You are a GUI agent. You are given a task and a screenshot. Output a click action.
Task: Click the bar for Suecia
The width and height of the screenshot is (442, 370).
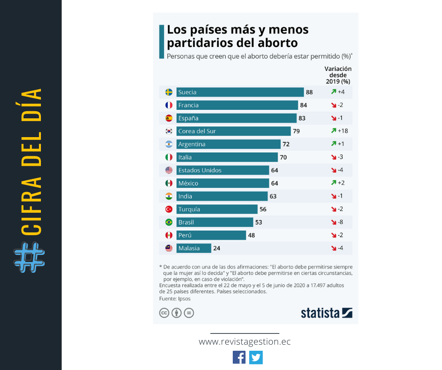click(240, 92)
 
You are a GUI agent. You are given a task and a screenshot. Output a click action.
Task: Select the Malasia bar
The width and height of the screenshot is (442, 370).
click(194, 248)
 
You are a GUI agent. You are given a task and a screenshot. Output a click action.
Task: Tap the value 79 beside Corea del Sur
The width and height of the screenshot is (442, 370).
click(296, 131)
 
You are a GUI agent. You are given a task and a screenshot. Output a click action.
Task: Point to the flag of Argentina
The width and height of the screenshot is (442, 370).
click(169, 144)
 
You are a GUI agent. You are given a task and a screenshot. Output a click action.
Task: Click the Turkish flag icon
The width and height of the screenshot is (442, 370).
click(169, 209)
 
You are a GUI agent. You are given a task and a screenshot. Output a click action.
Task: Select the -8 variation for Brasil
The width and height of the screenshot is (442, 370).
click(341, 222)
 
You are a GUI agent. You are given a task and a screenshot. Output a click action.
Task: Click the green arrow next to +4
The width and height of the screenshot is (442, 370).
click(333, 92)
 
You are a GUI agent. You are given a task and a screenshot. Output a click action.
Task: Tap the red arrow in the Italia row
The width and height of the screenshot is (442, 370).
click(333, 157)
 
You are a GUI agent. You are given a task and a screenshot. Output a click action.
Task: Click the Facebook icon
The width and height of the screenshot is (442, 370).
click(239, 357)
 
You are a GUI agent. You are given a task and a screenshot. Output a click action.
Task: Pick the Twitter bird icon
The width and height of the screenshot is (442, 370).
click(256, 357)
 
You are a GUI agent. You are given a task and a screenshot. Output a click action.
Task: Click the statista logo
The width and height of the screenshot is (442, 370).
click(326, 313)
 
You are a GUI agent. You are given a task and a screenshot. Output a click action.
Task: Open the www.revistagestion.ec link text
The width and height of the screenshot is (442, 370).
click(245, 342)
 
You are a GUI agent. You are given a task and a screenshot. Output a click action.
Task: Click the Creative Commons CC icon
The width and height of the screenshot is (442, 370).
click(164, 313)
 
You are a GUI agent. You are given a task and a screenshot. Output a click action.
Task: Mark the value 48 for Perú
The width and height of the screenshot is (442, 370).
click(251, 235)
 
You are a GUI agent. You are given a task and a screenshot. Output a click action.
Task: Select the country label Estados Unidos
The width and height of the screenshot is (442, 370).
click(200, 170)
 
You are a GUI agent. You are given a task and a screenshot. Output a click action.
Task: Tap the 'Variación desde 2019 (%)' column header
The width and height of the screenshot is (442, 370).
click(338, 75)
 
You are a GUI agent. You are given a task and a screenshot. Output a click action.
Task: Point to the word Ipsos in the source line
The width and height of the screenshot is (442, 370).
click(184, 298)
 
